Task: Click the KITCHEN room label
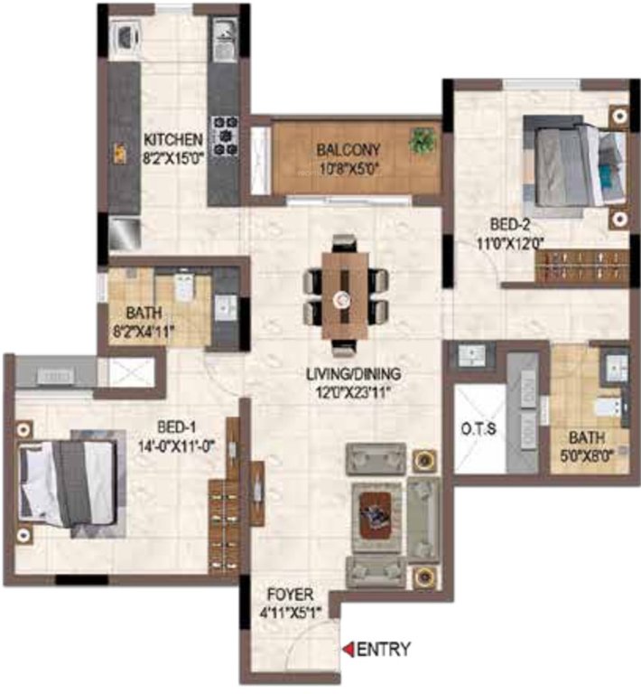[x=172, y=140]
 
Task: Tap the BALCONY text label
[x=348, y=150]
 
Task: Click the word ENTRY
[x=385, y=649]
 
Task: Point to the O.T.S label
[x=479, y=429]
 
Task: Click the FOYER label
[x=291, y=596]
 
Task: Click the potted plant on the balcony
[x=422, y=140]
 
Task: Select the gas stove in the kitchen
[x=223, y=135]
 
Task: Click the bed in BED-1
[x=69, y=483]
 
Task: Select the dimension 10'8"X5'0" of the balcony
[x=348, y=168]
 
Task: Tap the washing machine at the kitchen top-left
[x=124, y=37]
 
